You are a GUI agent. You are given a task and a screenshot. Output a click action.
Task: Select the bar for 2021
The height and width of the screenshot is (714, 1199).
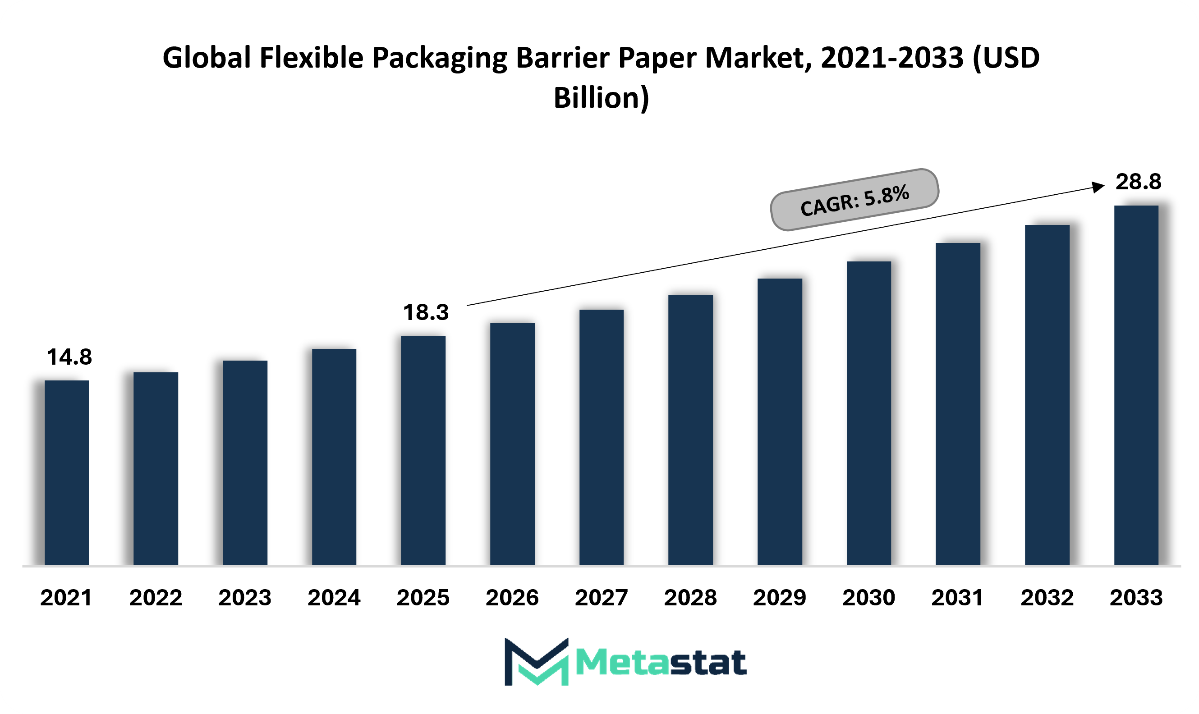[x=66, y=472]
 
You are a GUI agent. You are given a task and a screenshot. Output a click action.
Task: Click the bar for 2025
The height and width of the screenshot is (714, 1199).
[x=423, y=450]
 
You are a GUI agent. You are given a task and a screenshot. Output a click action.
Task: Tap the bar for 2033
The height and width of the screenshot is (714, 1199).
[x=1136, y=385]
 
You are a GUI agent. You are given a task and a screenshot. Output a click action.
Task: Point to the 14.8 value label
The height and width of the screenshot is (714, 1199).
[x=69, y=357]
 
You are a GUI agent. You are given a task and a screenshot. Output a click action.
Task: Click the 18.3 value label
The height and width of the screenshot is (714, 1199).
[x=426, y=312]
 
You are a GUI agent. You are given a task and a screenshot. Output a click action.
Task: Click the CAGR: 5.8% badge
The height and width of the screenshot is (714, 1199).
[x=854, y=200]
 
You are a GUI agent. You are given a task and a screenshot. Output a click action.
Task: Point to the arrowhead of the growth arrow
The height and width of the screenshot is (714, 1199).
[x=1098, y=187]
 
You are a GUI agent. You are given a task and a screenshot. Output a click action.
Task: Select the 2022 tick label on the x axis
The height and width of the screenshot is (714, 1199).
[x=156, y=598]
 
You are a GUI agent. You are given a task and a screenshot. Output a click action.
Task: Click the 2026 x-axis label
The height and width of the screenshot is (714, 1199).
[x=512, y=598]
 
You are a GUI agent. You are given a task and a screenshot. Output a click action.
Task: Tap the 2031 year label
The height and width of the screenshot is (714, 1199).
[x=957, y=598]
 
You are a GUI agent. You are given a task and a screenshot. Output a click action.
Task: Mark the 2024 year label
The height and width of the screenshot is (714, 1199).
[x=334, y=598]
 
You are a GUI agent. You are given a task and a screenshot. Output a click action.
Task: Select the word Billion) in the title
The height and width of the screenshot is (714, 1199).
[x=601, y=98]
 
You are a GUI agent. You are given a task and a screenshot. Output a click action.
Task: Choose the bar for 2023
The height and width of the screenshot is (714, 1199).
[x=245, y=462]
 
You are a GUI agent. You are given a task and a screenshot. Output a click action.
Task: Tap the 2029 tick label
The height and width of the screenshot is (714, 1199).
[x=779, y=598]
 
